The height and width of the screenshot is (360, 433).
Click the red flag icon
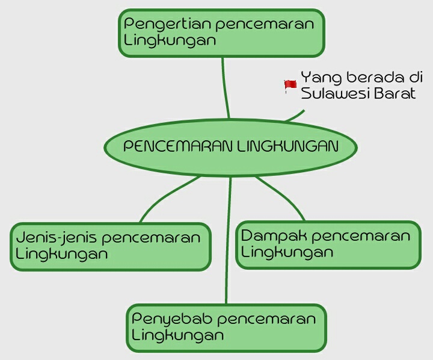(290, 86)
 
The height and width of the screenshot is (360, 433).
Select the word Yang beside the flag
(316, 78)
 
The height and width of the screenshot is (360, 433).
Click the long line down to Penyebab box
(228, 241)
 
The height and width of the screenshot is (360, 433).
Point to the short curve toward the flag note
(296, 116)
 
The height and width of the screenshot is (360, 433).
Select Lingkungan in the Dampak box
(287, 252)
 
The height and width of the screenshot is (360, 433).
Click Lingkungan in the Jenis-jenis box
(62, 254)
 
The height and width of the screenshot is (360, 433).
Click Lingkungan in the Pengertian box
(170, 41)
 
